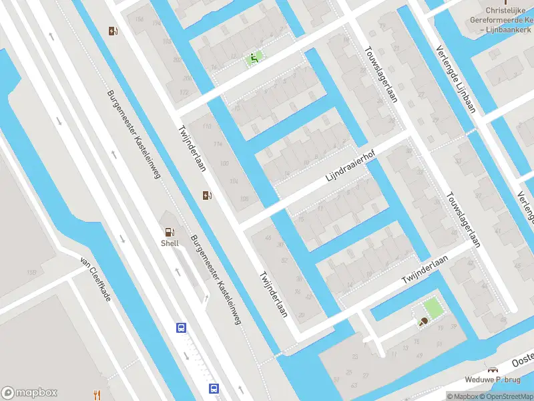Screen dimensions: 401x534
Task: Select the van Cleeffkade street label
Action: tap(95, 279)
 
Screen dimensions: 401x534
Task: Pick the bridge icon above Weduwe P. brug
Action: tap(493, 370)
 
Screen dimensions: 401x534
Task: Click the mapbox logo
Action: tap(29, 392)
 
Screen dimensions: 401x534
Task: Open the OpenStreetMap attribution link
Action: tap(505, 396)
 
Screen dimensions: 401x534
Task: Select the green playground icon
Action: tap(253, 58)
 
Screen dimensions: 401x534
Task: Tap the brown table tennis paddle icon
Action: tap(423, 322)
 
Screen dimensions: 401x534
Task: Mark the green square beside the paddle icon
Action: tap(432, 307)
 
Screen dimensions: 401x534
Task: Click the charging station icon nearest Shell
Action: tap(208, 195)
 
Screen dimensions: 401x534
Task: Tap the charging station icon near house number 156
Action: tap(113, 30)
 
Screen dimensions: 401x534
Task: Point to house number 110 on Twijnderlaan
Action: tap(206, 126)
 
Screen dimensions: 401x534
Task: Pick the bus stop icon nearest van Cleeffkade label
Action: tap(180, 327)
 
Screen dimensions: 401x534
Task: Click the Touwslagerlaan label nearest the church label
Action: tap(381, 74)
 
